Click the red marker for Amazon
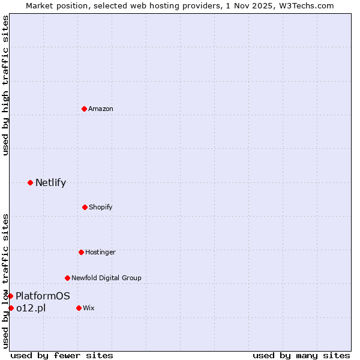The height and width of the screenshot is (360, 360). [84, 109]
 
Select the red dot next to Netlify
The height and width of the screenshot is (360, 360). [30, 182]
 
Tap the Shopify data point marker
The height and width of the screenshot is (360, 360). [85, 207]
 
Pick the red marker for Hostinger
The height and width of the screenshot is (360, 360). [81, 252]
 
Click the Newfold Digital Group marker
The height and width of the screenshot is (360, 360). [67, 278]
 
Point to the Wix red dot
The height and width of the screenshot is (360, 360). [79, 308]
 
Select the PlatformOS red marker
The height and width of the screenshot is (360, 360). [10, 296]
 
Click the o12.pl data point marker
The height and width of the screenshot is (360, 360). [11, 308]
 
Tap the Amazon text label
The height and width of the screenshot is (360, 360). [101, 109]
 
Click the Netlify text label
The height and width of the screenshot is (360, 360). [50, 182]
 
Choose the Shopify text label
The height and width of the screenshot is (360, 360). [101, 207]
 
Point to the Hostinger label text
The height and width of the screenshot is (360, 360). [100, 252]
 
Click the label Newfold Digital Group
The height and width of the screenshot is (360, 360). [106, 278]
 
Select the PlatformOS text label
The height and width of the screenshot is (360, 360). [43, 296]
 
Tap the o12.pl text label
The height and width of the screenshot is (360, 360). [31, 308]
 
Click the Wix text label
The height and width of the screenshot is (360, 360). [89, 308]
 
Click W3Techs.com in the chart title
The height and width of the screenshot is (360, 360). [304, 5]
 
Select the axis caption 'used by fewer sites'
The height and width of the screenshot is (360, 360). [62, 355]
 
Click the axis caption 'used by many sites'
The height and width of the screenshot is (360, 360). [301, 355]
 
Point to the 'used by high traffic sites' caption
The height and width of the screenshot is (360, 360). [5, 86]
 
